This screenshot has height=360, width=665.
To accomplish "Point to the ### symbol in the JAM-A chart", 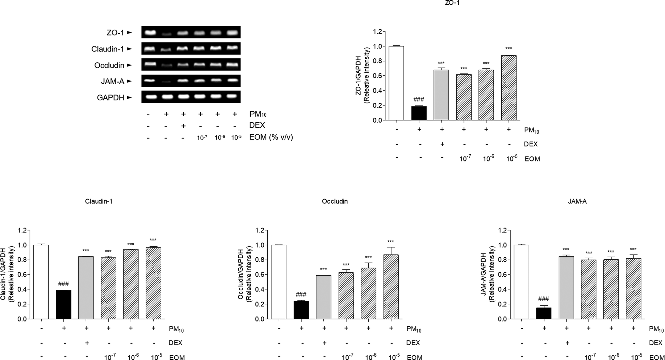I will pyautogui.click(x=543, y=299).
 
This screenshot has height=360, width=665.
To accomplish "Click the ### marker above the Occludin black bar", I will pyautogui.click(x=301, y=294).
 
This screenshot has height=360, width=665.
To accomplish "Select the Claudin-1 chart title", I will pyautogui.click(x=99, y=201).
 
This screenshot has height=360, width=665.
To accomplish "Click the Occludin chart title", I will pyautogui.click(x=335, y=201).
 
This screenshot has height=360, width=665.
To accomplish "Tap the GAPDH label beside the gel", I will pyautogui.click(x=110, y=98).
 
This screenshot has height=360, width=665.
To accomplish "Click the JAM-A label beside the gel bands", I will pyautogui.click(x=112, y=82).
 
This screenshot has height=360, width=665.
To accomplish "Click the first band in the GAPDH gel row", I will pyautogui.click(x=149, y=97).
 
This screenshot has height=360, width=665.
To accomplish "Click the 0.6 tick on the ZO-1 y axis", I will pyautogui.click(x=377, y=76).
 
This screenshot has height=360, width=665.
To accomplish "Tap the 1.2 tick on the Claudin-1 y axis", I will pyautogui.click(x=22, y=230).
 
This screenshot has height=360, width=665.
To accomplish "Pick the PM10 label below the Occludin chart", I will pyautogui.click(x=414, y=329).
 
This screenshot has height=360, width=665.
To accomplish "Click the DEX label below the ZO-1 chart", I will pyautogui.click(x=530, y=144).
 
